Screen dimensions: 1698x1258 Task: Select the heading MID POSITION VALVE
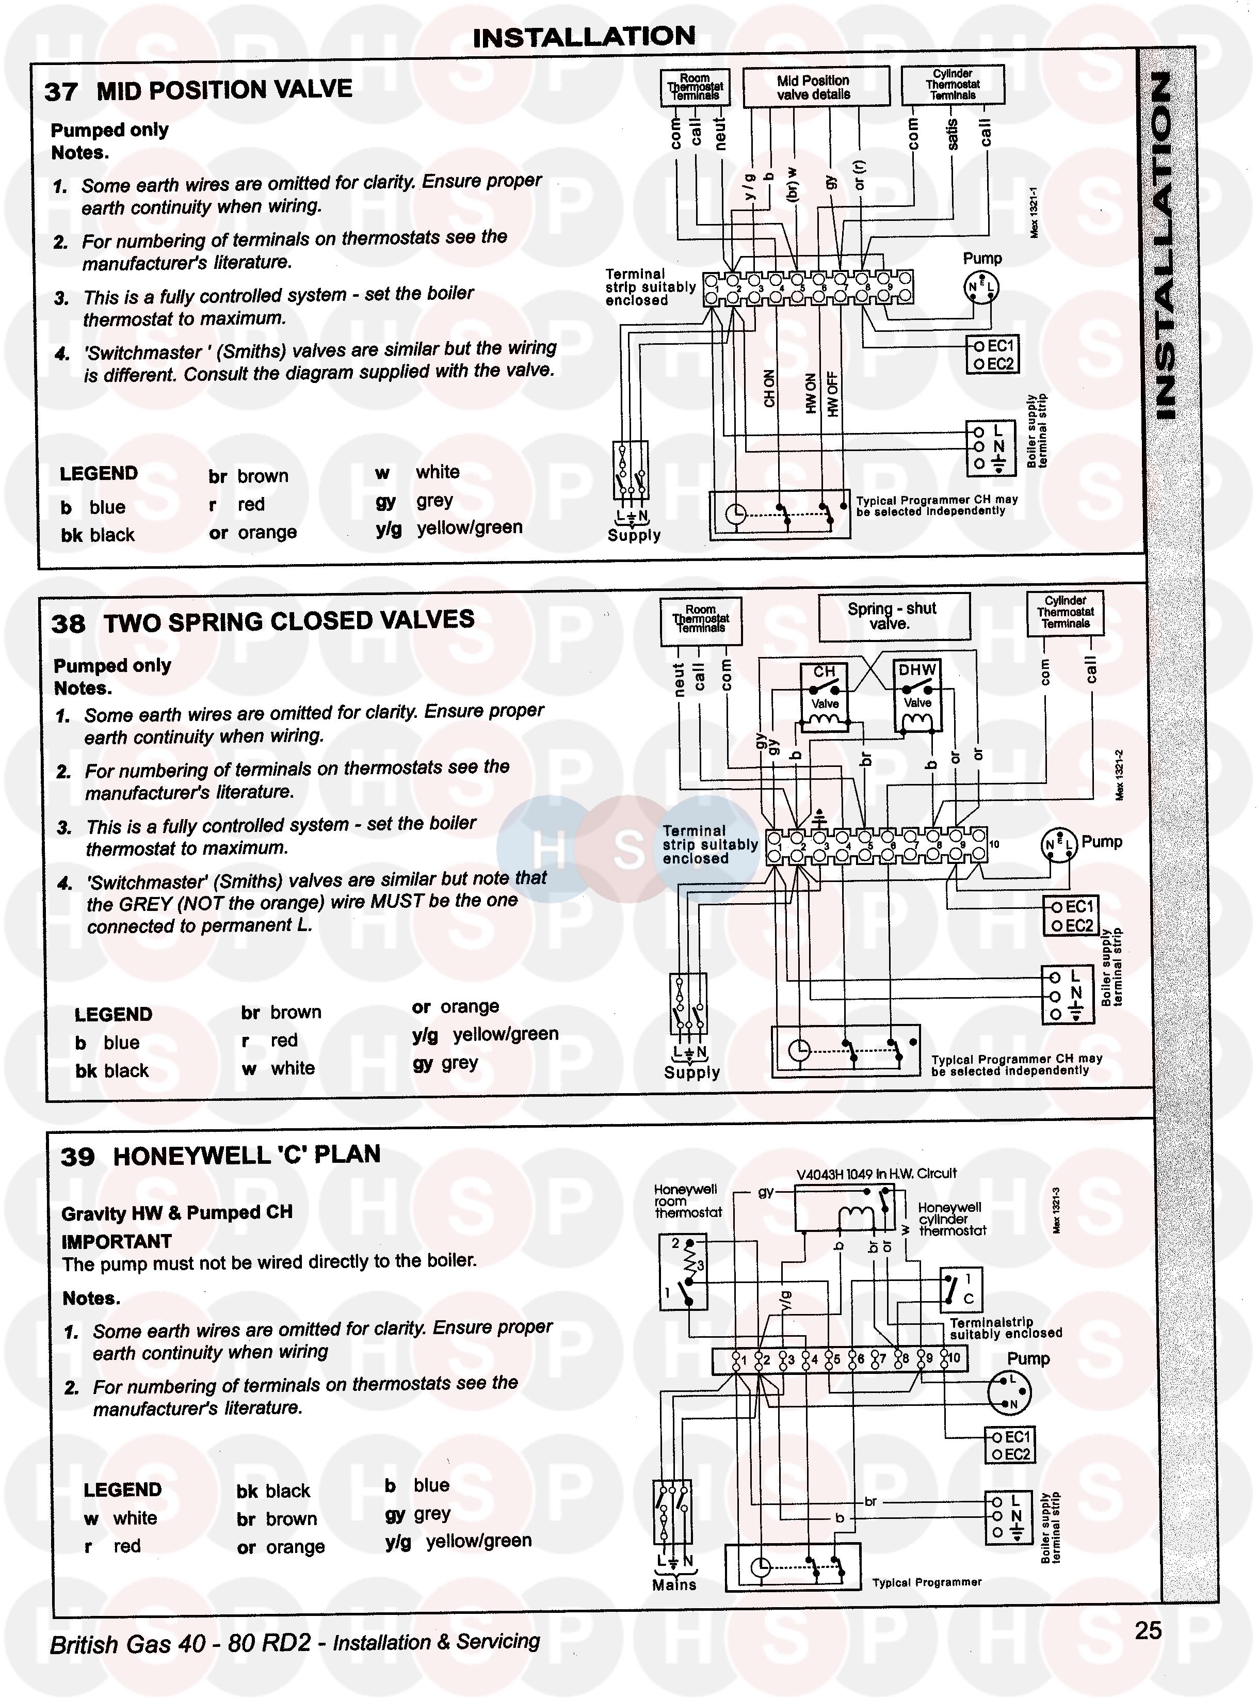pos(224,90)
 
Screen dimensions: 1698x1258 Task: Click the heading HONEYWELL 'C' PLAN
pos(246,1155)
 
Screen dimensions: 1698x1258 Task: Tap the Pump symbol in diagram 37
pos(981,288)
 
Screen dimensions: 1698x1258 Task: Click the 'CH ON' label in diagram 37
pos(769,389)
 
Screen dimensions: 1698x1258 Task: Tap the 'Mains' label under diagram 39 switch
pos(674,1585)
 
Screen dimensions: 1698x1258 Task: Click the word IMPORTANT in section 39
pos(117,1242)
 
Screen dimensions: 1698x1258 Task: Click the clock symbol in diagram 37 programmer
pos(735,515)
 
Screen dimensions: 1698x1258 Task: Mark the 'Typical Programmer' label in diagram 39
pos(927,1583)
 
